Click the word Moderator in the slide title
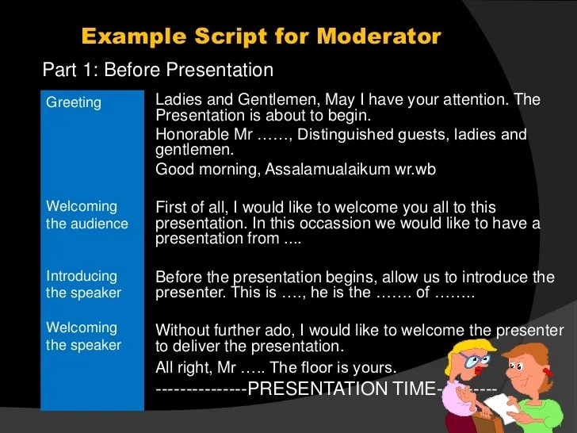(x=379, y=36)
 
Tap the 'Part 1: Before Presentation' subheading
(x=158, y=71)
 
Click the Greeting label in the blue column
(x=74, y=102)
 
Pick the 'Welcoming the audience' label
(x=86, y=215)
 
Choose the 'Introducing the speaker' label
(x=83, y=285)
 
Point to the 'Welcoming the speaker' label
(x=83, y=336)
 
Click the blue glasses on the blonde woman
(x=478, y=359)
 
